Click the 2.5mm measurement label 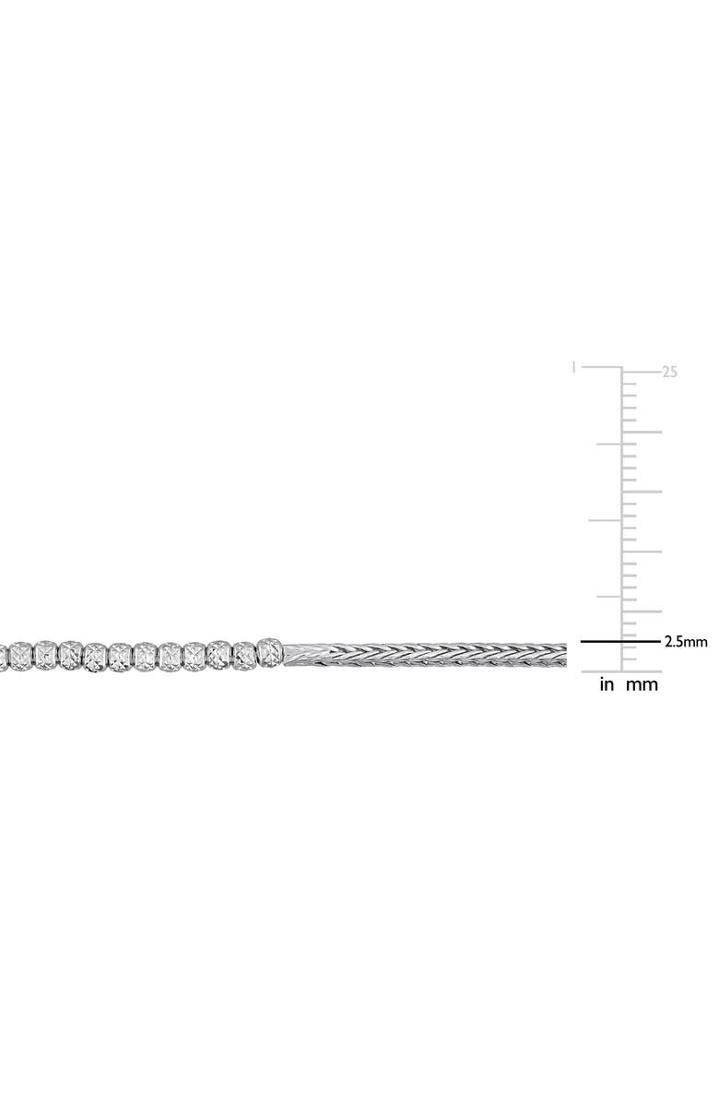(x=685, y=642)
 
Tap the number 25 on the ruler (x=669, y=372)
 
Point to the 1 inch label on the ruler (x=575, y=367)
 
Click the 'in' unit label (x=607, y=683)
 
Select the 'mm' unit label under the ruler (x=642, y=684)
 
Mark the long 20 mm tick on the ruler (x=642, y=432)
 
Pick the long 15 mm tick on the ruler (x=642, y=492)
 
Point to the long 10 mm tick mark (x=642, y=551)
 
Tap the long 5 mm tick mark (x=642, y=611)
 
